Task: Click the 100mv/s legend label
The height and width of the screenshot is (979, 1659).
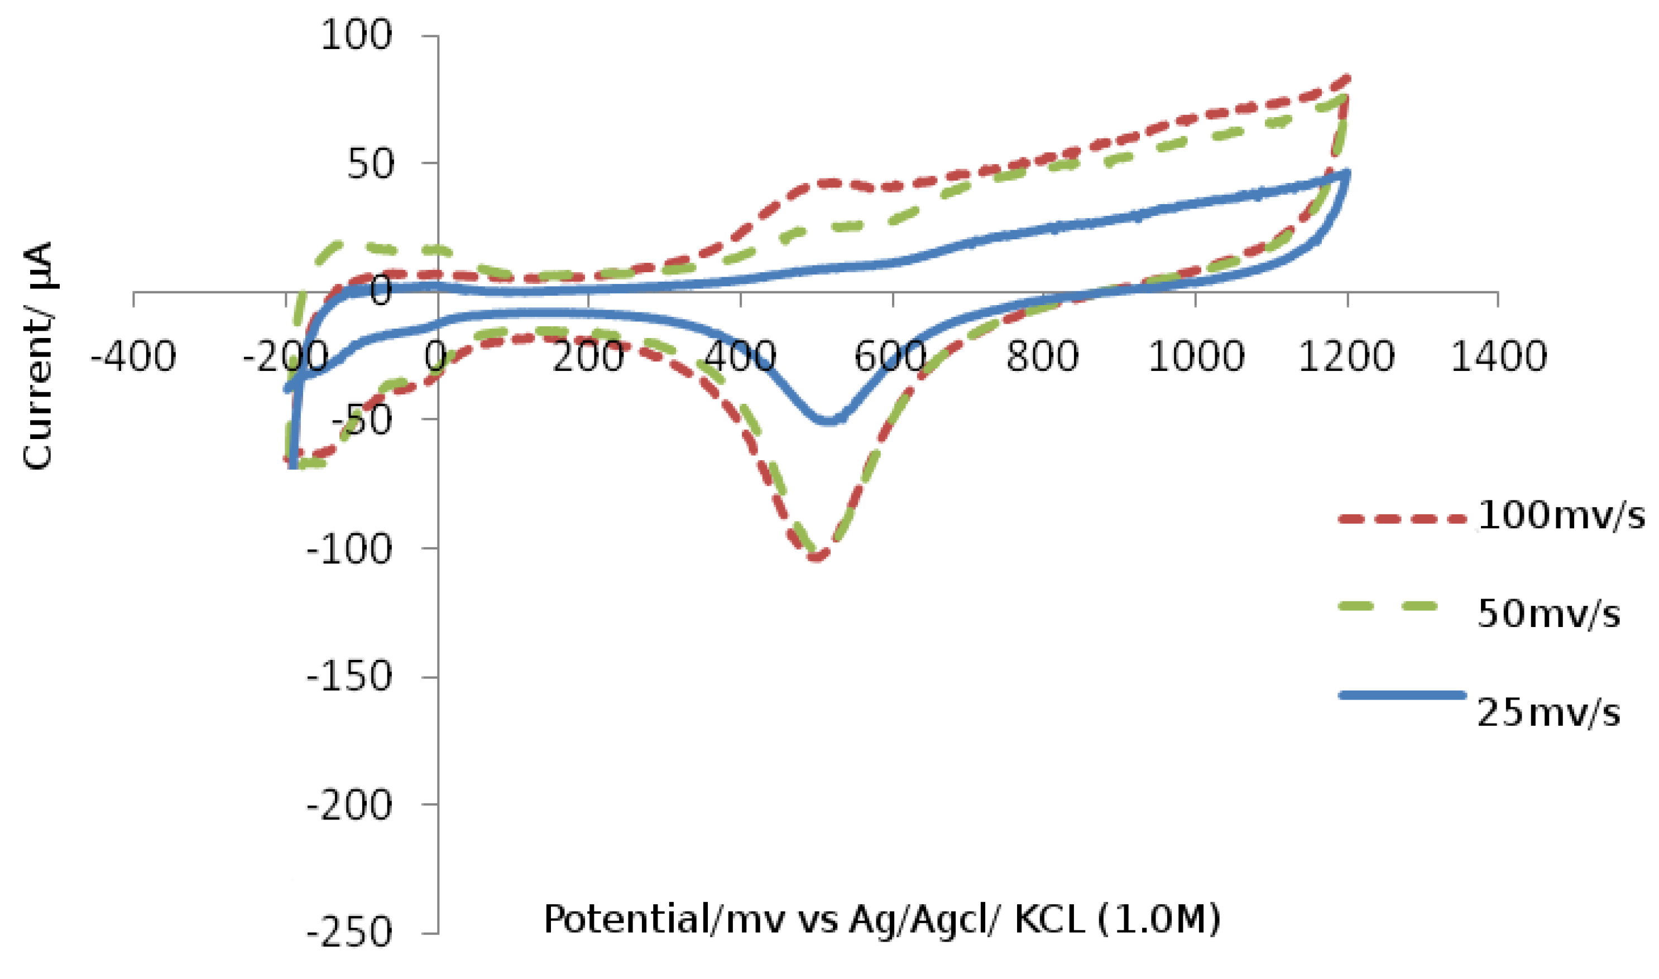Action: pyautogui.click(x=1560, y=516)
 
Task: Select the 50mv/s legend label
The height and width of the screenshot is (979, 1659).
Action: pyautogui.click(x=1548, y=614)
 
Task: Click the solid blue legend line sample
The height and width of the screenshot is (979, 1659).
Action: pyautogui.click(x=1402, y=695)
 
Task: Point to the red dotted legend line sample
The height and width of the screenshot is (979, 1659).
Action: pyautogui.click(x=1402, y=519)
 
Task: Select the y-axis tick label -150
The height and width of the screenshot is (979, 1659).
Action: pyautogui.click(x=349, y=677)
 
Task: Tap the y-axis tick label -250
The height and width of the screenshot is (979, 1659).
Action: pyautogui.click(x=349, y=933)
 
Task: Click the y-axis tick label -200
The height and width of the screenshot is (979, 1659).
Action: pyautogui.click(x=349, y=805)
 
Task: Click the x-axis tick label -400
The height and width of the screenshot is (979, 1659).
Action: pyautogui.click(x=133, y=357)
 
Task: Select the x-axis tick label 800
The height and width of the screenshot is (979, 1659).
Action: pyautogui.click(x=1043, y=357)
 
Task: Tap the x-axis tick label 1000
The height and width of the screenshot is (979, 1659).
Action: pyautogui.click(x=1196, y=357)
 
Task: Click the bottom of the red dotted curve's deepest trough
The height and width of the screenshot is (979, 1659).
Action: pyautogui.click(x=817, y=557)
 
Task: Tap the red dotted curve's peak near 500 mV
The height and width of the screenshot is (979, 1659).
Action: pyautogui.click(x=825, y=183)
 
